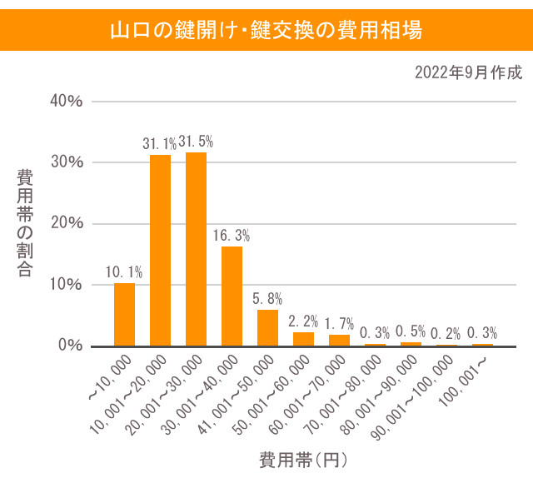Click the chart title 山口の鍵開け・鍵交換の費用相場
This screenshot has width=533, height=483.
pos(266,31)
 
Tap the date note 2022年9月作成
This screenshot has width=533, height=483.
pos(467,72)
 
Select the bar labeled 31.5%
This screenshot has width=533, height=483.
pos(196,249)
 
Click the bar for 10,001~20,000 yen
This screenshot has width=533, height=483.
pos(160,250)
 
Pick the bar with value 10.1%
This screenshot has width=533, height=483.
pos(124,314)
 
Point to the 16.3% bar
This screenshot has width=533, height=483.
pos(232,296)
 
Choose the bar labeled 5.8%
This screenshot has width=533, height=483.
pos(267,327)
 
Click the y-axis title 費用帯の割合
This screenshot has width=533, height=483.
pos(25,223)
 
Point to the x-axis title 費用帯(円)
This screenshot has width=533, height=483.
pos(302,460)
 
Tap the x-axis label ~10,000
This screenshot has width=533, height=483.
pos(109,380)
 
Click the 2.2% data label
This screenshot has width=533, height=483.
pos(303,320)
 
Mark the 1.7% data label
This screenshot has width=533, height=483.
pos(339,322)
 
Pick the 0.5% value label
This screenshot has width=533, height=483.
pos(411,331)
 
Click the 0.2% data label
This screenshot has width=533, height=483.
pos(446,333)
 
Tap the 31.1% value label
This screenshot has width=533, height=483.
pos(158,143)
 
